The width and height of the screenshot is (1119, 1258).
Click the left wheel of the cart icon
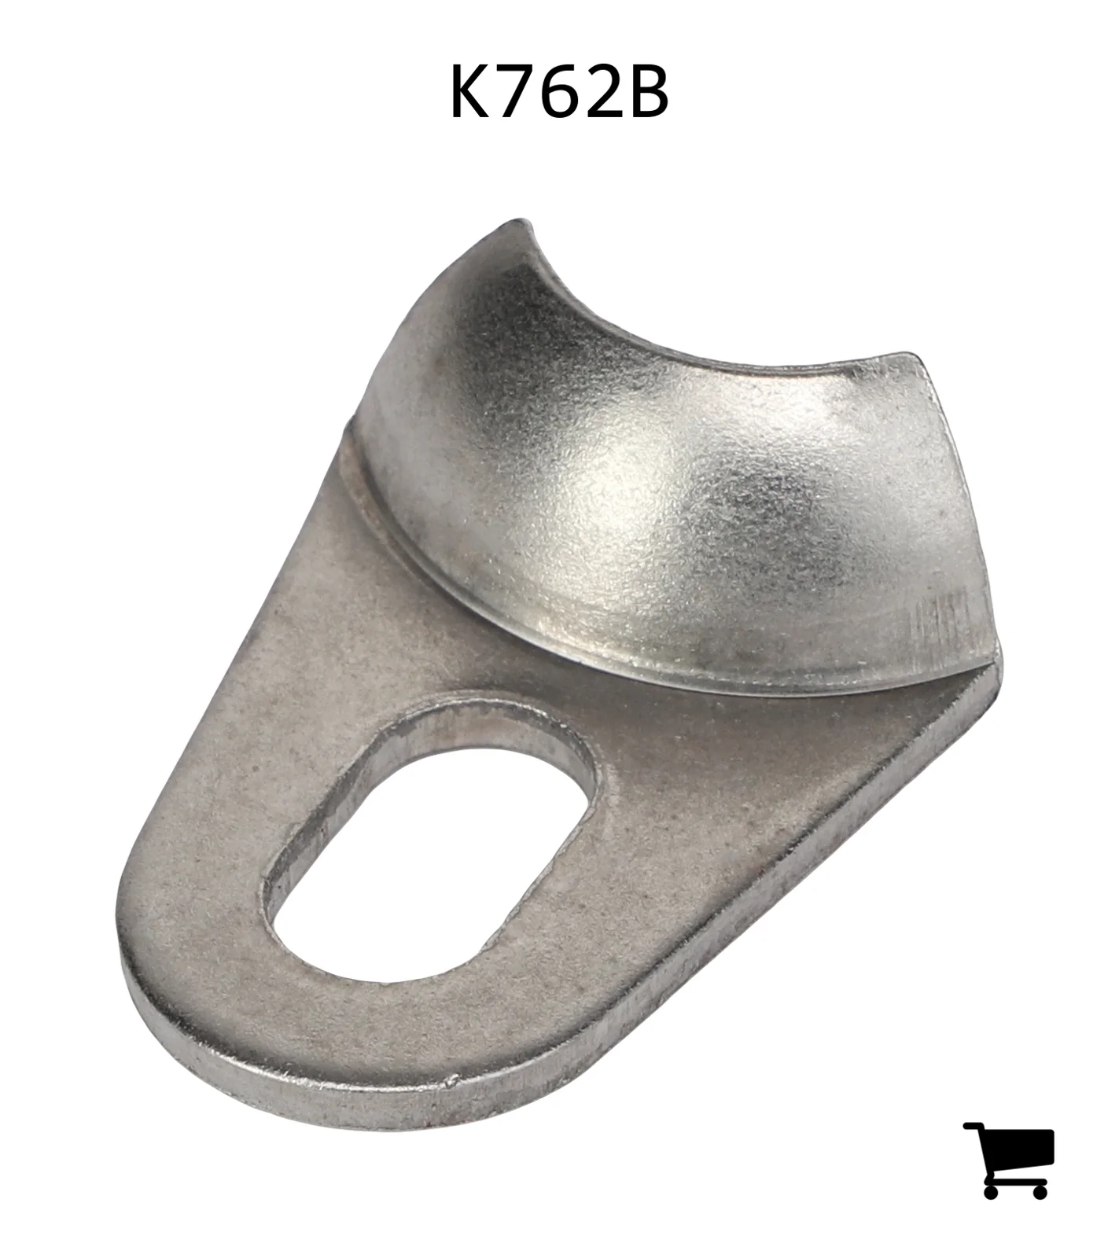(x=991, y=1190)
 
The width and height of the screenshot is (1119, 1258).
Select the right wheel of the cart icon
(x=1039, y=1190)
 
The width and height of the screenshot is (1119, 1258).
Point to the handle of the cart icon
(x=973, y=1127)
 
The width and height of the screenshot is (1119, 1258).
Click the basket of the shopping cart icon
(x=1018, y=1149)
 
